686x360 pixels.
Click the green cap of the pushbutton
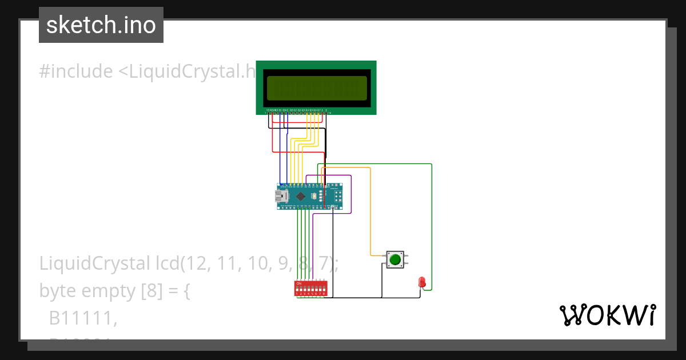click(395, 259)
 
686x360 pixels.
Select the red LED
click(422, 282)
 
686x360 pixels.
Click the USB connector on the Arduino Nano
click(280, 197)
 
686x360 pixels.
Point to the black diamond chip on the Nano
click(301, 196)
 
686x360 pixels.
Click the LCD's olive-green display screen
click(317, 88)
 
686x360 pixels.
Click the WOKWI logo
click(607, 315)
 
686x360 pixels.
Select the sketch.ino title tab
click(101, 25)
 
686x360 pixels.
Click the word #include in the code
click(76, 71)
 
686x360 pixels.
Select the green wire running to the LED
click(432, 229)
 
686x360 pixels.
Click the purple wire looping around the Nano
click(351, 194)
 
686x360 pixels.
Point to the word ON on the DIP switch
click(298, 283)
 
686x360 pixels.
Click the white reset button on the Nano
click(315, 197)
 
